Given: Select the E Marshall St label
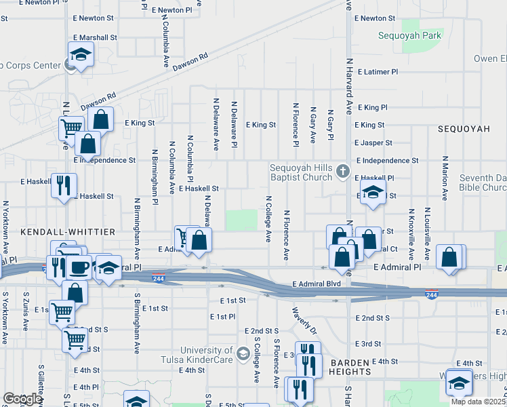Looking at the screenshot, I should pos(95,37).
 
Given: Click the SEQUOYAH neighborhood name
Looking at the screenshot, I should pos(464,128).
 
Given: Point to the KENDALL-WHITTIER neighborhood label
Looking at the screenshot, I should pos(55,231).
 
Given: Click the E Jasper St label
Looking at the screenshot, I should pos(373,143).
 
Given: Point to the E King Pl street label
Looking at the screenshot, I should pos(371,107).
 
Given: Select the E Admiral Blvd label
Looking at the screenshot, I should pos(316,284).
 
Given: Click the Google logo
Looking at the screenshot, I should pos(22,399).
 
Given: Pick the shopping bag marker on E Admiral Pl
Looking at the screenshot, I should pos(449,257).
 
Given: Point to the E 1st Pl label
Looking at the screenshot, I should pos(222,316).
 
